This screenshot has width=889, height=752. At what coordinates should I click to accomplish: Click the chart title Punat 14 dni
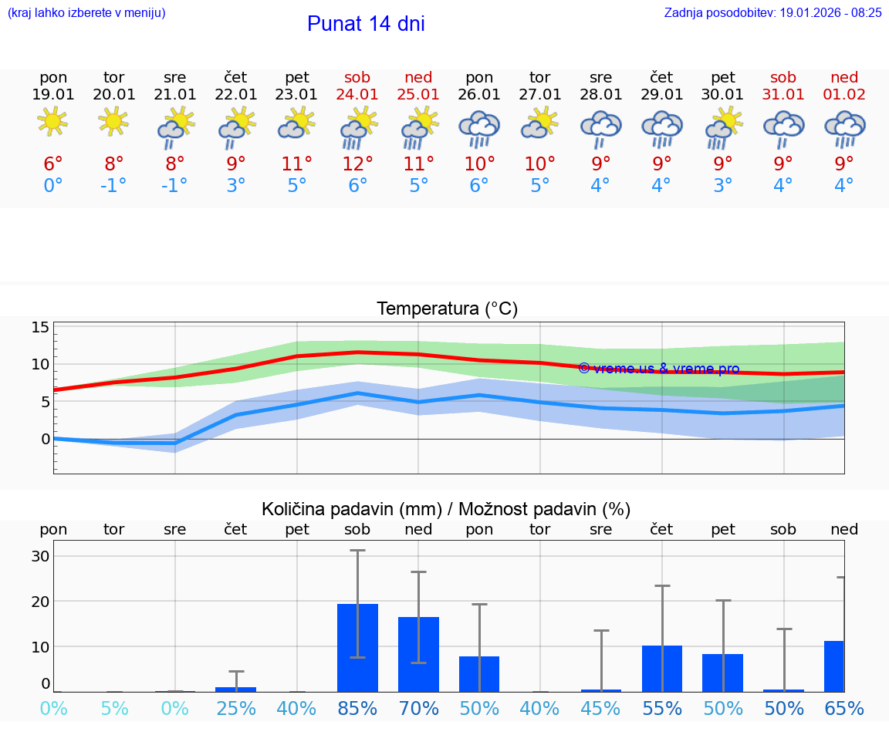[366, 24]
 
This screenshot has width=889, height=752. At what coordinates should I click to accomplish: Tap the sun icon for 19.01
[52, 122]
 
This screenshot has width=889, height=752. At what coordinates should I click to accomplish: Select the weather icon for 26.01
[479, 128]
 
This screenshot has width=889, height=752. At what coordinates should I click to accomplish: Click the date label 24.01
[357, 94]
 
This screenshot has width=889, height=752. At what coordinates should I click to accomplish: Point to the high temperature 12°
[357, 164]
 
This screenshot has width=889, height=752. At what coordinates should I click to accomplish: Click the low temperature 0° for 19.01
[52, 185]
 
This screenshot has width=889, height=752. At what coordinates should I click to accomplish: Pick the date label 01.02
[844, 94]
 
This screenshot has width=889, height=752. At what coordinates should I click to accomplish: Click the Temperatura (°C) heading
[447, 309]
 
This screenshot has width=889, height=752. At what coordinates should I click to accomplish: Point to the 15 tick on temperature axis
[40, 327]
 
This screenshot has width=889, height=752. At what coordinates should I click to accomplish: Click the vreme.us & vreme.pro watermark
[658, 369]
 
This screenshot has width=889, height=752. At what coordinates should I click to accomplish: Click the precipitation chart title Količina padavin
[446, 509]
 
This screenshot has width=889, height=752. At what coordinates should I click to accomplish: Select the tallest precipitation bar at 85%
[357, 648]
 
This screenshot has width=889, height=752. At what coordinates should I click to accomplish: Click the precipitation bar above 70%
[418, 654]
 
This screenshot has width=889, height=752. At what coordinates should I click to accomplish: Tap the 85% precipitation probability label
[357, 708]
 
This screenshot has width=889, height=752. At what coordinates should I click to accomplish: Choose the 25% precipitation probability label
[236, 708]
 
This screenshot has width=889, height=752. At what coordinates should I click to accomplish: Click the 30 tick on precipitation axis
[40, 556]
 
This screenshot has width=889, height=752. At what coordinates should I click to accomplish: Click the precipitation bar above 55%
[662, 668]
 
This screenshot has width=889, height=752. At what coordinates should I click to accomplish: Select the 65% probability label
[844, 708]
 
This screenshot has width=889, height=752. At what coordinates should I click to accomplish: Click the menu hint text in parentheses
[86, 12]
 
